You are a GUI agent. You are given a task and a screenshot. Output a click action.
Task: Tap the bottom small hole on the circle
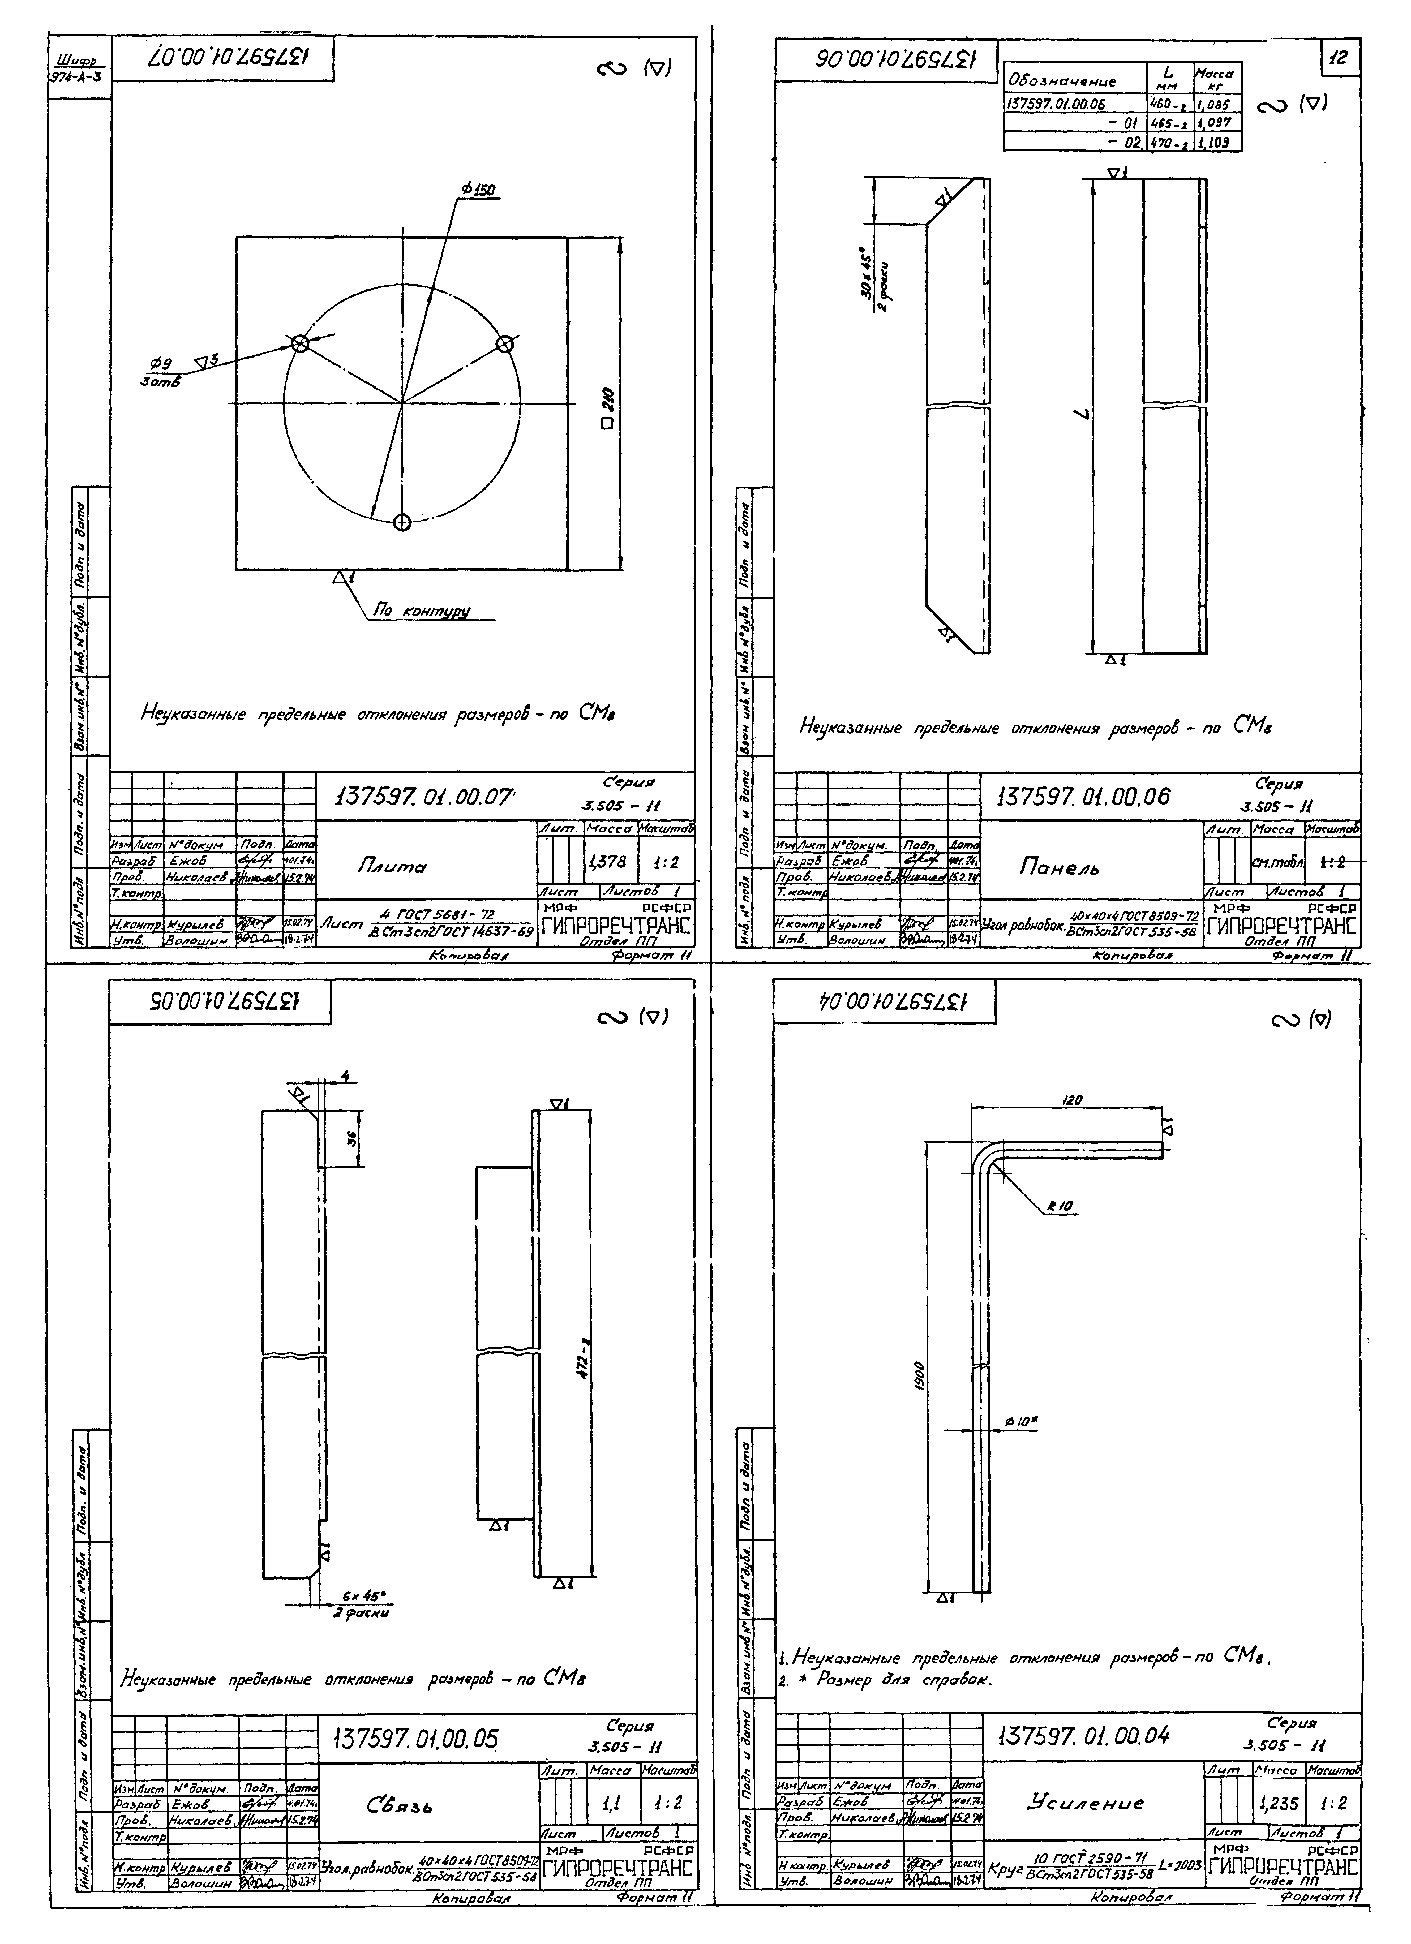[x=402, y=522]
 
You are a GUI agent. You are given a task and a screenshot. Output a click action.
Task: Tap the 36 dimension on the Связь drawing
[x=350, y=1139]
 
